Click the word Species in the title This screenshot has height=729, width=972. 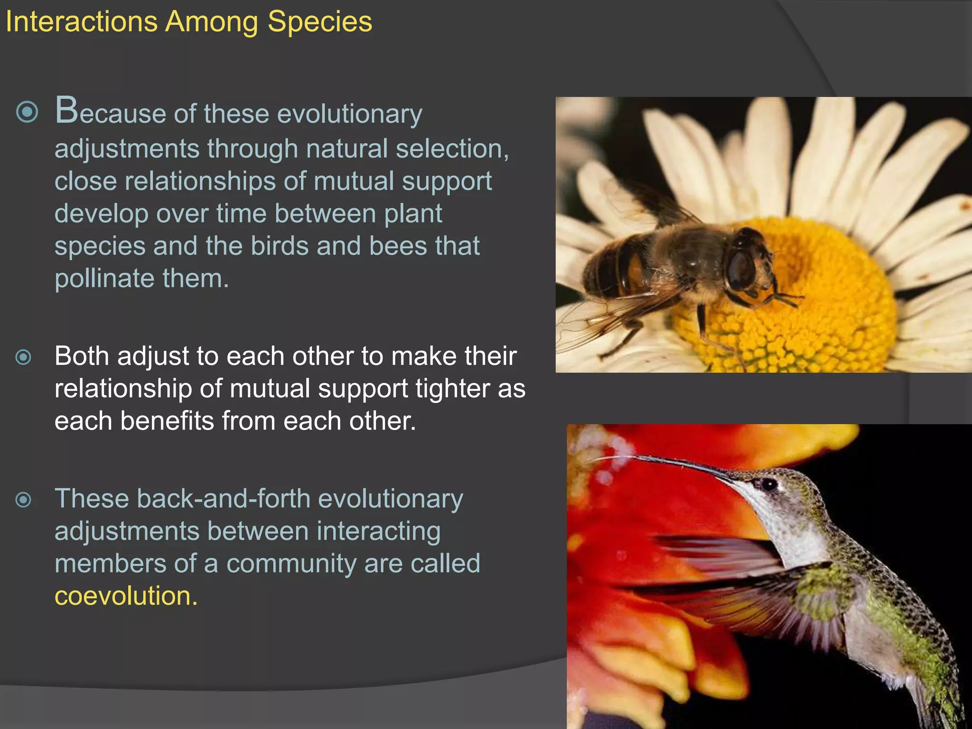320,22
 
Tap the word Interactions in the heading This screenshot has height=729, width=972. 81,22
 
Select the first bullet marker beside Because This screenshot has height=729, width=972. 27,112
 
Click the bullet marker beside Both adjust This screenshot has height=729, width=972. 24,357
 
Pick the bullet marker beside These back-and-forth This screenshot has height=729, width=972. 24,499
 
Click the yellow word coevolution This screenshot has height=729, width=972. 125,596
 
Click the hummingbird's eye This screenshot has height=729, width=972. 769,485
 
